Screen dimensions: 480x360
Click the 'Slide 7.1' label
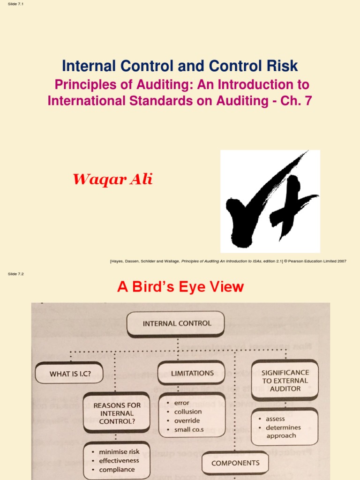(15, 4)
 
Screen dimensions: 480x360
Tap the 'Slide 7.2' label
(15, 274)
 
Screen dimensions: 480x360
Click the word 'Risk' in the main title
(281, 66)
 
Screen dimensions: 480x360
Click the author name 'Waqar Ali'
(112, 179)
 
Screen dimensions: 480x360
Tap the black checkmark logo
(270, 201)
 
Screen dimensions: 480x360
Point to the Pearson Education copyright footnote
(228, 261)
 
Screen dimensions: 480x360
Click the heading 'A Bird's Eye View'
(180, 287)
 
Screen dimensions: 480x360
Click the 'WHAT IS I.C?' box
(70, 374)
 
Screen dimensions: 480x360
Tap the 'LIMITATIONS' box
(192, 373)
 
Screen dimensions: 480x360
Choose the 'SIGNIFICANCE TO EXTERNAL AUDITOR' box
(285, 381)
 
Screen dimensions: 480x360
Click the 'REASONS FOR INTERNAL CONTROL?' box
(117, 413)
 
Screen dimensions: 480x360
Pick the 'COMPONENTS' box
(235, 463)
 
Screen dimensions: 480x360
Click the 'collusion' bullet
(187, 412)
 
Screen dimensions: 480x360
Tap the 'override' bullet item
(187, 420)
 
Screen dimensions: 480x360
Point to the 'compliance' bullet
(117, 469)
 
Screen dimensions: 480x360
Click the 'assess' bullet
(275, 419)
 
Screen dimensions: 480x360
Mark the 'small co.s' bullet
(188, 429)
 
